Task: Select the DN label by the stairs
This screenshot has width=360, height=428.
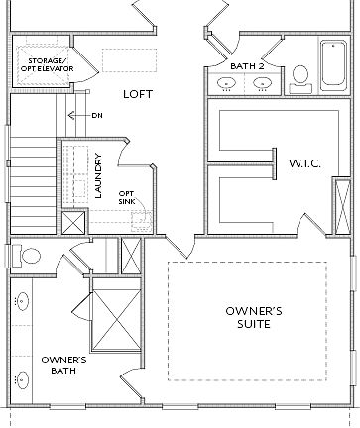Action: click(x=95, y=114)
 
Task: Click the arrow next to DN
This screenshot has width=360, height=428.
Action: click(x=74, y=114)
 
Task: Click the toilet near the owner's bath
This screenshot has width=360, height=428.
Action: click(x=29, y=256)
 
